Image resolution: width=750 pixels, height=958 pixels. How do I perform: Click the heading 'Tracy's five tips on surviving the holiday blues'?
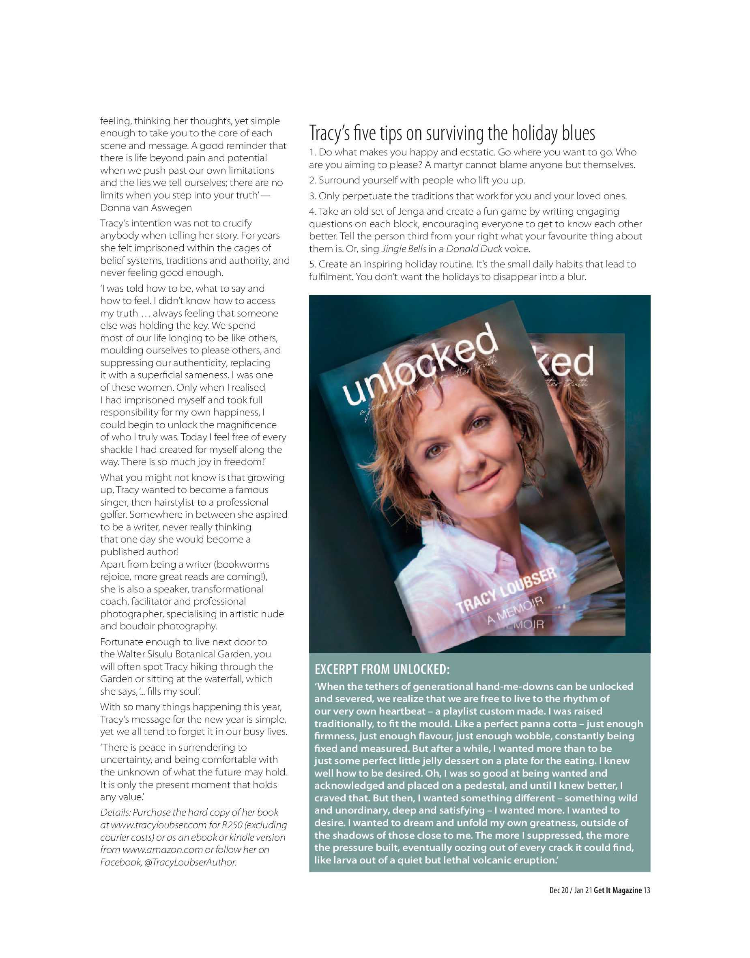point(452,133)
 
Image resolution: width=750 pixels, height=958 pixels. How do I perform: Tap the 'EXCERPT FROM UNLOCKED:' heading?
point(382,669)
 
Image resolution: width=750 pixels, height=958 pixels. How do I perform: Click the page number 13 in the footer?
point(647,890)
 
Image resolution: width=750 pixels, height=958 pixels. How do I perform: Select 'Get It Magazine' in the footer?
point(618,890)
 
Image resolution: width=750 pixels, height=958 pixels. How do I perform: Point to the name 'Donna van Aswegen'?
point(146,207)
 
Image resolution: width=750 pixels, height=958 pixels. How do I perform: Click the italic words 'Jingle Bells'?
point(404,249)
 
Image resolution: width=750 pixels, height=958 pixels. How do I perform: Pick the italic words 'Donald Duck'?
point(474,249)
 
